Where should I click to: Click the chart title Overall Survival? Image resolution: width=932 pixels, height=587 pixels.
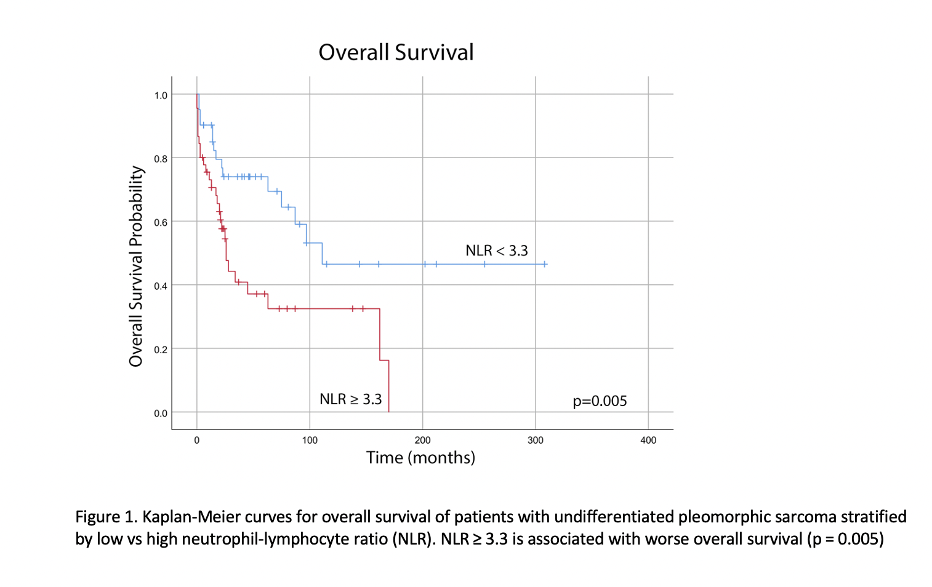pos(396,52)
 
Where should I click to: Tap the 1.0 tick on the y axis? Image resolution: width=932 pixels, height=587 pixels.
pos(161,95)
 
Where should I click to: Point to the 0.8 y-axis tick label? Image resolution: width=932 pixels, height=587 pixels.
pos(161,159)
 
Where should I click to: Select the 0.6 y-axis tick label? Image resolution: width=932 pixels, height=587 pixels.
pos(161,222)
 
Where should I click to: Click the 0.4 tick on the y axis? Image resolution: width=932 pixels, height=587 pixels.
pos(161,286)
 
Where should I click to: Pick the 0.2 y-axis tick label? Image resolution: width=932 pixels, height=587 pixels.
pos(161,349)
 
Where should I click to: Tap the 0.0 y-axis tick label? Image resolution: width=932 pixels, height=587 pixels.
pos(161,413)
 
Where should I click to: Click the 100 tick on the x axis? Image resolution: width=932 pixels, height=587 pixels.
pos(310,440)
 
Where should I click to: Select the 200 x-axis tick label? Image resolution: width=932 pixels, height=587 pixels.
pos(422,440)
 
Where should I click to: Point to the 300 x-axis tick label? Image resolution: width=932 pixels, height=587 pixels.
pos(536,440)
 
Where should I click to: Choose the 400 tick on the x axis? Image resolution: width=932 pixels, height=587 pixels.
pos(648,440)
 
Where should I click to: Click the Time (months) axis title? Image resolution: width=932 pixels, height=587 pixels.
pos(420,458)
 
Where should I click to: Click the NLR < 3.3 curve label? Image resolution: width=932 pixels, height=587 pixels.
pos(496,250)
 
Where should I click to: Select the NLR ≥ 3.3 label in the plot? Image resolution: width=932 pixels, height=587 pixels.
pos(350,399)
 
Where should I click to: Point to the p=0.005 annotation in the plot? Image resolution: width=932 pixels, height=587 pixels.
pos(600,401)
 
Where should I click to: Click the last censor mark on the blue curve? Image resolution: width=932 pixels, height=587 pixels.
pos(544,264)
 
